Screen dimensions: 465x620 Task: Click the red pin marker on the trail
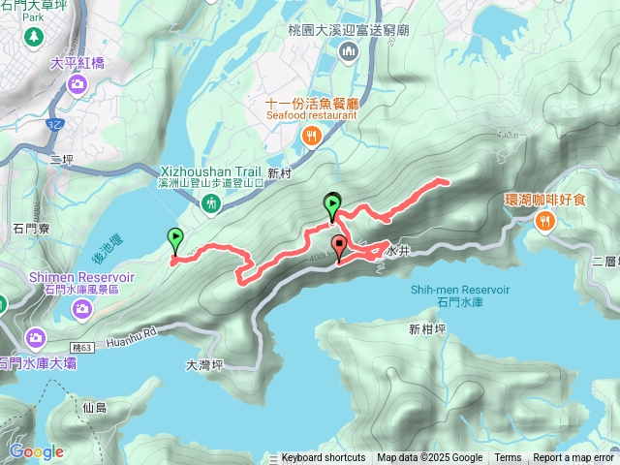pyautogui.click(x=338, y=246)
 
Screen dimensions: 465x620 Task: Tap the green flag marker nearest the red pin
pyautogui.click(x=332, y=204)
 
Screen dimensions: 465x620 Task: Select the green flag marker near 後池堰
pyautogui.click(x=175, y=238)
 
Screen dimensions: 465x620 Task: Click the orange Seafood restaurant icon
pyautogui.click(x=310, y=137)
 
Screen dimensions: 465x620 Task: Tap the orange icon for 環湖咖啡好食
pyautogui.click(x=545, y=222)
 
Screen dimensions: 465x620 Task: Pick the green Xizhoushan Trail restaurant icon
pyautogui.click(x=212, y=203)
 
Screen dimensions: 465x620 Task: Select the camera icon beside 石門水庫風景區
pyautogui.click(x=82, y=309)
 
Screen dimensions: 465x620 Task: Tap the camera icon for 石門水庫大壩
pyautogui.click(x=36, y=339)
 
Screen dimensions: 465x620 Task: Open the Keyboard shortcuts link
pyautogui.click(x=324, y=458)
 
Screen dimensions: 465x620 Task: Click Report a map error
pyautogui.click(x=573, y=458)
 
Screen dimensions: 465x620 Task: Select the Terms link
pyautogui.click(x=508, y=458)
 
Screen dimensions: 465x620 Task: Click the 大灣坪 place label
pyautogui.click(x=204, y=365)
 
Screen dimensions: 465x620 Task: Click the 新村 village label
pyautogui.click(x=279, y=173)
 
